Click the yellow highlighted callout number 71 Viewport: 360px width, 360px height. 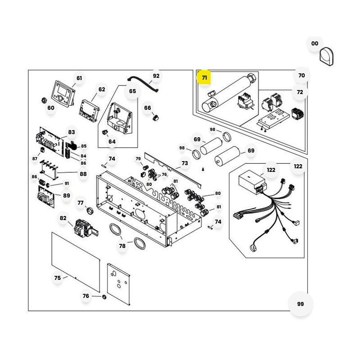pyautogui.click(x=205, y=77)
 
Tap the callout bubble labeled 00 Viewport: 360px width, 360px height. pyautogui.click(x=315, y=43)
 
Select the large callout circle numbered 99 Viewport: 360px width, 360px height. pyautogui.click(x=301, y=304)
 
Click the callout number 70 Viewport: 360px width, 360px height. pyautogui.click(x=301, y=75)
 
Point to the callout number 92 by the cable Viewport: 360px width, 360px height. pyautogui.click(x=156, y=76)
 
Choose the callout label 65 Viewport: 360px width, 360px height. pyautogui.click(x=132, y=91)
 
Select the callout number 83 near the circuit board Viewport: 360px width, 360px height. pyautogui.click(x=72, y=132)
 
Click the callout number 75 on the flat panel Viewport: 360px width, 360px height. pyautogui.click(x=57, y=278)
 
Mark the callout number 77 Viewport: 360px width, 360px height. pyautogui.click(x=81, y=203)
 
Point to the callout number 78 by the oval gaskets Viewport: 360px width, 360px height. pyautogui.click(x=122, y=246)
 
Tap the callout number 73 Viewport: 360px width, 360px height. pyautogui.click(x=185, y=163)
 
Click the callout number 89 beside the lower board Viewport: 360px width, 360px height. pyautogui.click(x=67, y=195)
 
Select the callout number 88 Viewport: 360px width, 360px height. pyautogui.click(x=83, y=174)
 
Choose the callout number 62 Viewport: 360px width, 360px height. pyautogui.click(x=102, y=89)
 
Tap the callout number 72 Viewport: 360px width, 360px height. pyautogui.click(x=300, y=92)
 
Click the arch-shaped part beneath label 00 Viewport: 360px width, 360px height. pyautogui.click(x=326, y=58)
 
